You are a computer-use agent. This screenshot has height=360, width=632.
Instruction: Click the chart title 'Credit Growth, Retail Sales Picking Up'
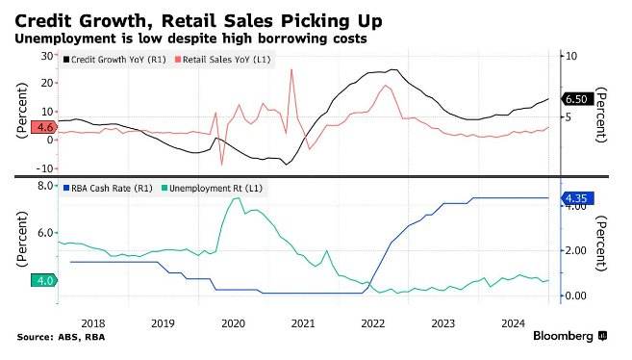pyautogui.click(x=198, y=21)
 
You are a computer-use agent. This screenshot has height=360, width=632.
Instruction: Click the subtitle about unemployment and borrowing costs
pyautogui.click(x=190, y=39)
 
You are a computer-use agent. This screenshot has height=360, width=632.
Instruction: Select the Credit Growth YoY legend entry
pyautogui.click(x=114, y=60)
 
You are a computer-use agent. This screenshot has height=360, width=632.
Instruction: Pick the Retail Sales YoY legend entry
pyautogui.click(x=222, y=60)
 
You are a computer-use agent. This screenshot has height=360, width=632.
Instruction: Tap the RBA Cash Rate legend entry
pyautogui.click(x=108, y=189)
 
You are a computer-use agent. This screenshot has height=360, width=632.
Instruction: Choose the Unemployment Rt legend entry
pyautogui.click(x=212, y=189)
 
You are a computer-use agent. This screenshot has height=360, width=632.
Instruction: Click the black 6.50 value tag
pyautogui.click(x=577, y=99)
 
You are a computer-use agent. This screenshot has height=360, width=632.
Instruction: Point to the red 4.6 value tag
pyautogui.click(x=43, y=127)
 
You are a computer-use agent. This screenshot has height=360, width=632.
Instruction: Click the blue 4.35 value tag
pyautogui.click(x=577, y=198)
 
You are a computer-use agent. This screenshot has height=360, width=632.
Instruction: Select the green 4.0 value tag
pyautogui.click(x=44, y=280)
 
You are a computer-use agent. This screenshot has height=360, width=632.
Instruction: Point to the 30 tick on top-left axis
pyautogui.click(x=47, y=56)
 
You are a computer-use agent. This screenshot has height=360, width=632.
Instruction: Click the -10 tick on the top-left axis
pyautogui.click(x=45, y=168)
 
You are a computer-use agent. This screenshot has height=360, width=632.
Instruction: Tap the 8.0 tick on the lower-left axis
pyautogui.click(x=45, y=186)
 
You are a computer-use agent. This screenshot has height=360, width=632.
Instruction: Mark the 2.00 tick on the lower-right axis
pyautogui.click(x=575, y=251)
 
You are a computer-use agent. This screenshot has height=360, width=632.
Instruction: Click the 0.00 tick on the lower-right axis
pyautogui.click(x=575, y=296)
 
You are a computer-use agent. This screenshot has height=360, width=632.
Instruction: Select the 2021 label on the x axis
pyautogui.click(x=303, y=323)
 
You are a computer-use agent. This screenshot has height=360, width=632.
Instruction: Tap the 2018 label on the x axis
pyautogui.click(x=93, y=323)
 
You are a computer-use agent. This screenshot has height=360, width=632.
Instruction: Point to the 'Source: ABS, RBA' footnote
pyautogui.click(x=61, y=337)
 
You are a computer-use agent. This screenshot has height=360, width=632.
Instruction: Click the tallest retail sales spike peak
pyautogui.click(x=291, y=69)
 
